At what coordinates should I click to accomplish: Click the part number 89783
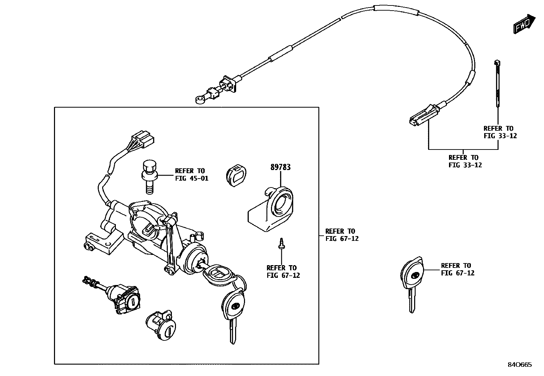click(280, 167)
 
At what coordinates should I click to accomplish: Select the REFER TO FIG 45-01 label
click(191, 174)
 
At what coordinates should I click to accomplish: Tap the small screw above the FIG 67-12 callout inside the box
click(282, 243)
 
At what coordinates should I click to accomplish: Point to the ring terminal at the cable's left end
click(199, 100)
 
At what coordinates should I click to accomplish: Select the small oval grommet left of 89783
click(235, 174)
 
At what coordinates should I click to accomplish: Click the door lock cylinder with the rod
click(123, 297)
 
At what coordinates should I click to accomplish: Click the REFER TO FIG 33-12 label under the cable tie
click(500, 132)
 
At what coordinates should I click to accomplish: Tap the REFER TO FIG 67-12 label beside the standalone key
click(458, 269)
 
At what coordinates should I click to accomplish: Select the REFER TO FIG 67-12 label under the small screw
click(283, 271)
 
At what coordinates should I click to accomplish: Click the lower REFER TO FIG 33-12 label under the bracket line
click(465, 161)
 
